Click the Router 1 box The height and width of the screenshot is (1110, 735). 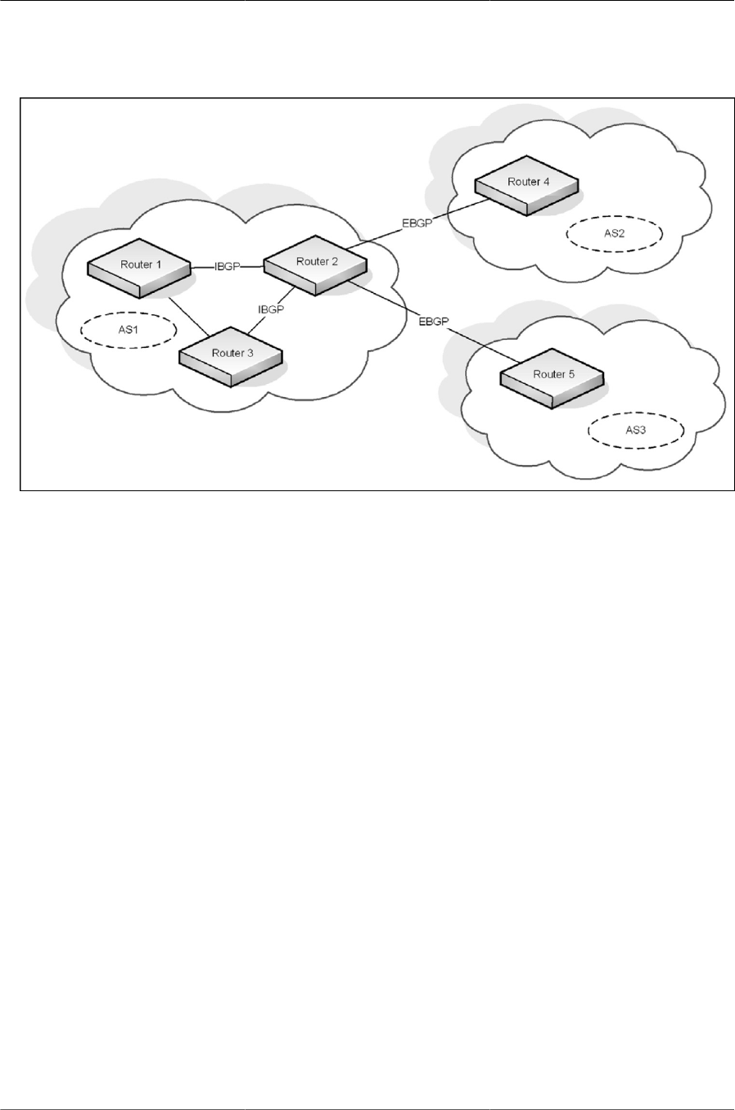pos(138,270)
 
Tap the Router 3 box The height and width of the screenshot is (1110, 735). pos(231,359)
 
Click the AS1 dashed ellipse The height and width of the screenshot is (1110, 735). pos(130,331)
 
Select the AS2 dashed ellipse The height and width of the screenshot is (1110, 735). pos(614,233)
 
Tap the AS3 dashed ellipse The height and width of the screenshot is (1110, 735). pos(634,429)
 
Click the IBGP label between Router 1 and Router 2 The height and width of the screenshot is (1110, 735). pos(227,267)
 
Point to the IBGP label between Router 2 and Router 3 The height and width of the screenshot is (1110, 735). pos(270,310)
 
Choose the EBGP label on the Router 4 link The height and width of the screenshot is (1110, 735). pos(417,223)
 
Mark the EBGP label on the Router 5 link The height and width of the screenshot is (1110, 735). pos(433,322)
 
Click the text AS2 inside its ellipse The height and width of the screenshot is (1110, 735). pos(614,233)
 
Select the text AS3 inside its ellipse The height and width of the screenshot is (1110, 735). pos(634,429)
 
